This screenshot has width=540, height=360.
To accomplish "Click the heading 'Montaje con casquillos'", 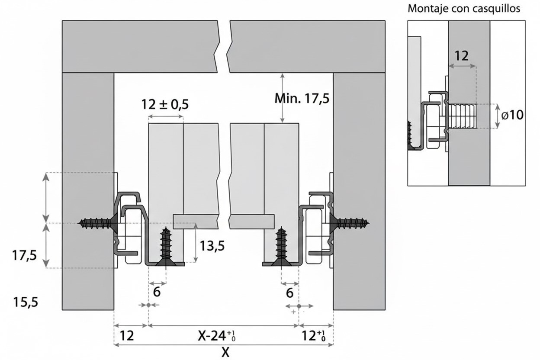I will [464, 9].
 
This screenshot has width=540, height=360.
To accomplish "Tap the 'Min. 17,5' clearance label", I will [302, 99].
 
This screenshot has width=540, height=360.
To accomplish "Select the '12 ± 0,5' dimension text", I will [165, 105].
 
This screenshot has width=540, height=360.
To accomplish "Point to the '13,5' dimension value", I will [212, 246].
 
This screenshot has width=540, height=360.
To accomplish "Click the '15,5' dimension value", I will [25, 302].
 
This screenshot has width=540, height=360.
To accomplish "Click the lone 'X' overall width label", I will [225, 352].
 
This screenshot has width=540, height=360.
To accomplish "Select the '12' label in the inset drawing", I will [462, 56].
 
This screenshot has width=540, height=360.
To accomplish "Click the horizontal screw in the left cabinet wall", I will [96, 223].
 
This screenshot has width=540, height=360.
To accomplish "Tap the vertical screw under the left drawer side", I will [166, 246].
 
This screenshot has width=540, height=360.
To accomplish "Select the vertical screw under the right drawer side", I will [282, 246].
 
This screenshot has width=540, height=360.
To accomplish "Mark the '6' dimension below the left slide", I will [157, 292].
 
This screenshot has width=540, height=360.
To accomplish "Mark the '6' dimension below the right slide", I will [289, 293].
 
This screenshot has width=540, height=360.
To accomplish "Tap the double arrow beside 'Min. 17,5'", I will [283, 98].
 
